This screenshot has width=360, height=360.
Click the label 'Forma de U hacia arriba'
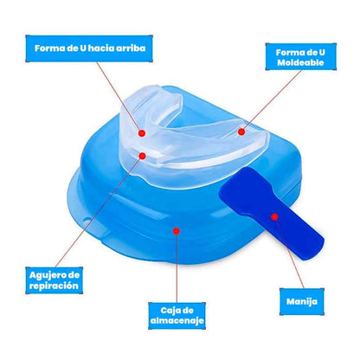89,48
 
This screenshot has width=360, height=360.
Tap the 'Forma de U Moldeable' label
300,57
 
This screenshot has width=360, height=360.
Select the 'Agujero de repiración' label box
55,280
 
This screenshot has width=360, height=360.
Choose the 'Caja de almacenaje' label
177,316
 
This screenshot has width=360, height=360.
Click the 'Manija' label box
302,302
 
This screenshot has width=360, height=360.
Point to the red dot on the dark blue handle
274,216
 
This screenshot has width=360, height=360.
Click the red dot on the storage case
177,231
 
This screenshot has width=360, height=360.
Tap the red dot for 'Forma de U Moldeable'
241,132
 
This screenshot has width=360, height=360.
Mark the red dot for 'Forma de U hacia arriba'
142,133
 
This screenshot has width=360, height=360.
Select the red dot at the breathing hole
142,156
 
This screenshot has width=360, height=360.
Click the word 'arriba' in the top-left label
131,48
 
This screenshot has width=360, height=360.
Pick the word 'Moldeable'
300,62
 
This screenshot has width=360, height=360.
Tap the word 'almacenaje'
177,320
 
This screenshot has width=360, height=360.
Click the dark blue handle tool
272,214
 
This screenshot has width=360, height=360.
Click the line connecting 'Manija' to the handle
289,253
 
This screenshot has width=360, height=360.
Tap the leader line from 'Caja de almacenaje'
177,267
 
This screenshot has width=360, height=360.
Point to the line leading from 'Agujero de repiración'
99,211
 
